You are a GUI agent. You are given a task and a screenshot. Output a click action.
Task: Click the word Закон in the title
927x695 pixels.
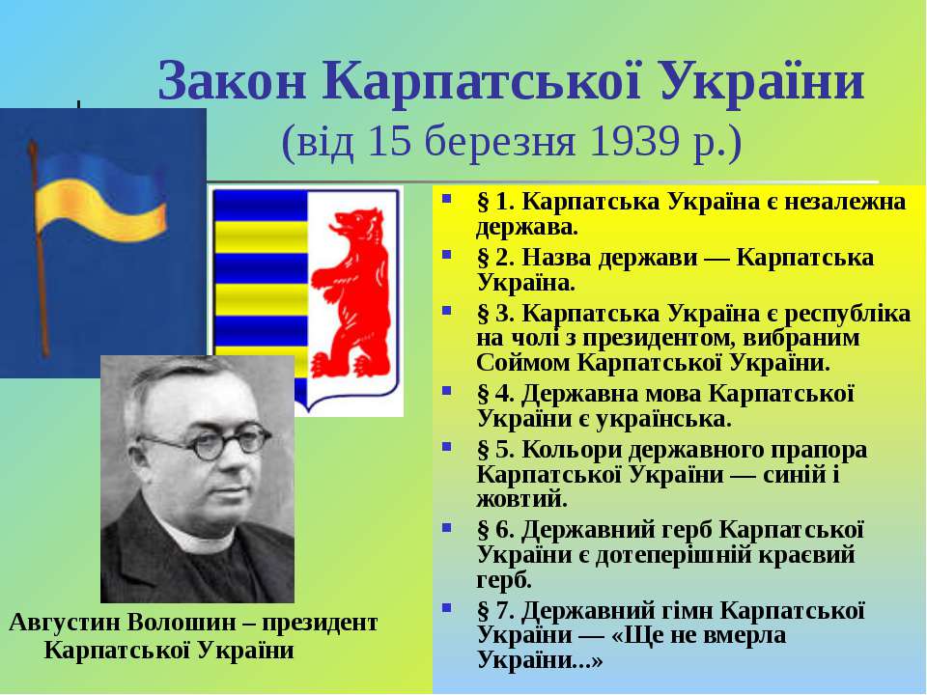coord(233,81)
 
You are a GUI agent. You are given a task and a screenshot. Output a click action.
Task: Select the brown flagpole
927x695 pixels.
coord(38,248)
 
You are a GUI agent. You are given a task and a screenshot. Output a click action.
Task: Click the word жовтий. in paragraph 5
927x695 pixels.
coord(522,499)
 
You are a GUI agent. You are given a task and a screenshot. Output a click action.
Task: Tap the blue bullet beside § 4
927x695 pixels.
coord(447,390)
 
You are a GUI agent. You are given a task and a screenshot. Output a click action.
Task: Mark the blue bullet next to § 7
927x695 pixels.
coord(447,607)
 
